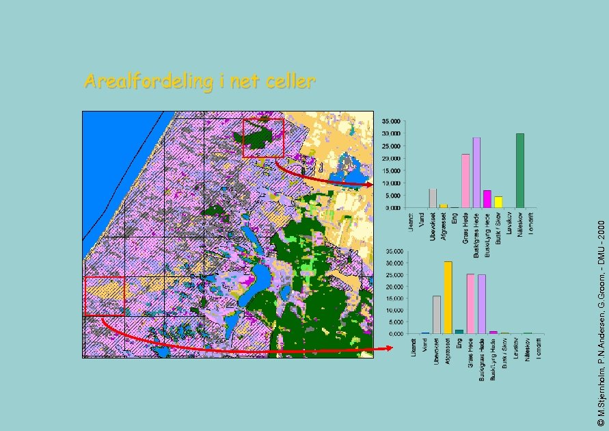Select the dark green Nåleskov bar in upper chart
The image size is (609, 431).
(520, 170)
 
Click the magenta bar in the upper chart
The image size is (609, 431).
(487, 199)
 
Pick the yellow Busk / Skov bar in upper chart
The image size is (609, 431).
(498, 202)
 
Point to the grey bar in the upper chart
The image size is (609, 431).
(433, 198)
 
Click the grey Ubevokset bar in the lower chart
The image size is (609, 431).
(437, 315)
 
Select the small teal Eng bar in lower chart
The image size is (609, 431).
(459, 332)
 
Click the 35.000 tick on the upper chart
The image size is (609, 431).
(391, 121)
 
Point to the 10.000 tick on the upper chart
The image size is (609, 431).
(391, 183)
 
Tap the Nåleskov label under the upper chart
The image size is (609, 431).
(520, 223)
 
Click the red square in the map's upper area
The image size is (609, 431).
(263, 138)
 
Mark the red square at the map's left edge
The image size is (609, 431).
(104, 296)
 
